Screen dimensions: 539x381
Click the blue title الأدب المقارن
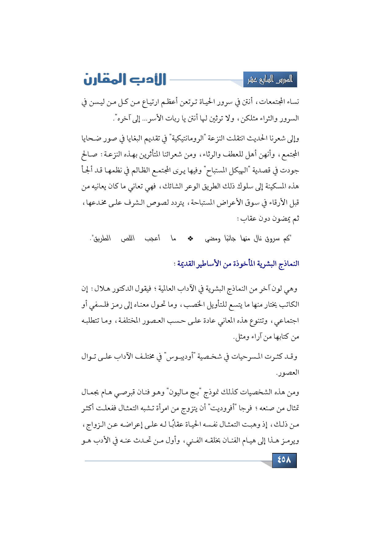pyautogui.click(x=125, y=79)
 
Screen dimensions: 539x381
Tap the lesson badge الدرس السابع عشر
pyautogui.click(x=270, y=80)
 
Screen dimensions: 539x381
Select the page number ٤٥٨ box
pyautogui.click(x=284, y=460)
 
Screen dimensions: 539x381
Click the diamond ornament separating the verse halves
pyautogui.click(x=190, y=238)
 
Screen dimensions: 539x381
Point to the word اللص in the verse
pyautogui.click(x=128, y=238)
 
